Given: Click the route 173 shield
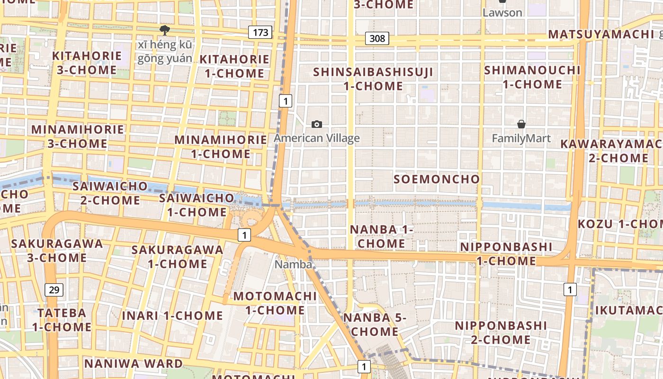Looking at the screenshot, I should (260, 33).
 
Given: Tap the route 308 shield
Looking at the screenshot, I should (377, 38).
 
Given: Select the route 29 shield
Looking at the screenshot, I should (54, 289).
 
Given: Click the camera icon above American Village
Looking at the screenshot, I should (317, 125).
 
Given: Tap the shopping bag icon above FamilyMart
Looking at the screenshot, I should (521, 124).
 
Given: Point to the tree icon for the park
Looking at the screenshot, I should (165, 31).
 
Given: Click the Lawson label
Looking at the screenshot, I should (502, 13).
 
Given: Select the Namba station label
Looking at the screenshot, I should (293, 264).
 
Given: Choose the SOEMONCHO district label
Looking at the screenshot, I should (437, 179).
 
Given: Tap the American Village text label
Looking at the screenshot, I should (317, 138).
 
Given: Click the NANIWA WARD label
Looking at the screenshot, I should (134, 363).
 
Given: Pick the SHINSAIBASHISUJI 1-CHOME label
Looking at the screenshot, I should (373, 79).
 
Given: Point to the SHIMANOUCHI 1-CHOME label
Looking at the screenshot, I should (532, 77).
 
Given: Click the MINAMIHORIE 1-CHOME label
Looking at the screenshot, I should (221, 147).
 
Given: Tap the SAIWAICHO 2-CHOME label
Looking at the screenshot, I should (110, 193).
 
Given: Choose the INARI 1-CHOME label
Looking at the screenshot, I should (172, 316).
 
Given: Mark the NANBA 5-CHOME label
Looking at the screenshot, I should (375, 325).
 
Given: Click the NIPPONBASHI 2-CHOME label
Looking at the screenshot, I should (501, 333).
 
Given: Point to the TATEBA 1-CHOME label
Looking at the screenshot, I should (62, 320).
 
